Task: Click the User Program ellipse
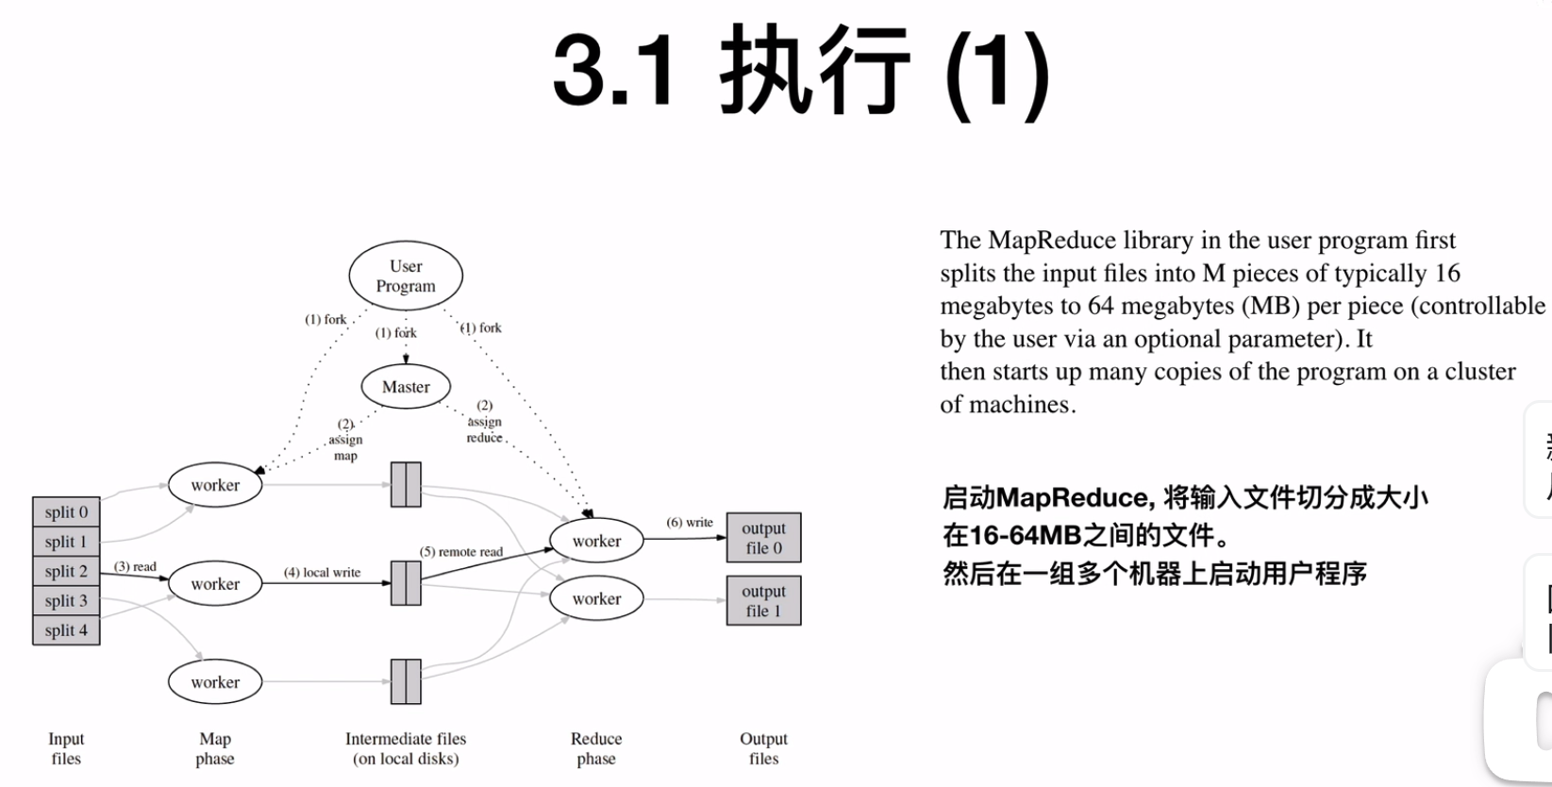tap(406, 276)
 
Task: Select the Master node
tap(406, 387)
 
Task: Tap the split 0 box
tap(66, 511)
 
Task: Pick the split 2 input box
tap(66, 571)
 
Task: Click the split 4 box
tap(66, 629)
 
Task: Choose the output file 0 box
tap(763, 538)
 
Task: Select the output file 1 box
tap(763, 600)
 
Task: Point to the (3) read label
tap(135, 566)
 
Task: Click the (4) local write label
tap(322, 572)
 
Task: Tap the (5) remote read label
tap(461, 552)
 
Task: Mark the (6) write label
tap(690, 522)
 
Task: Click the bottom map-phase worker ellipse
tap(215, 682)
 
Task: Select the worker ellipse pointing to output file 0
tap(596, 541)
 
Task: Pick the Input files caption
tap(66, 748)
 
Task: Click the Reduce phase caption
tap(596, 748)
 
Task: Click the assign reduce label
tap(484, 422)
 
